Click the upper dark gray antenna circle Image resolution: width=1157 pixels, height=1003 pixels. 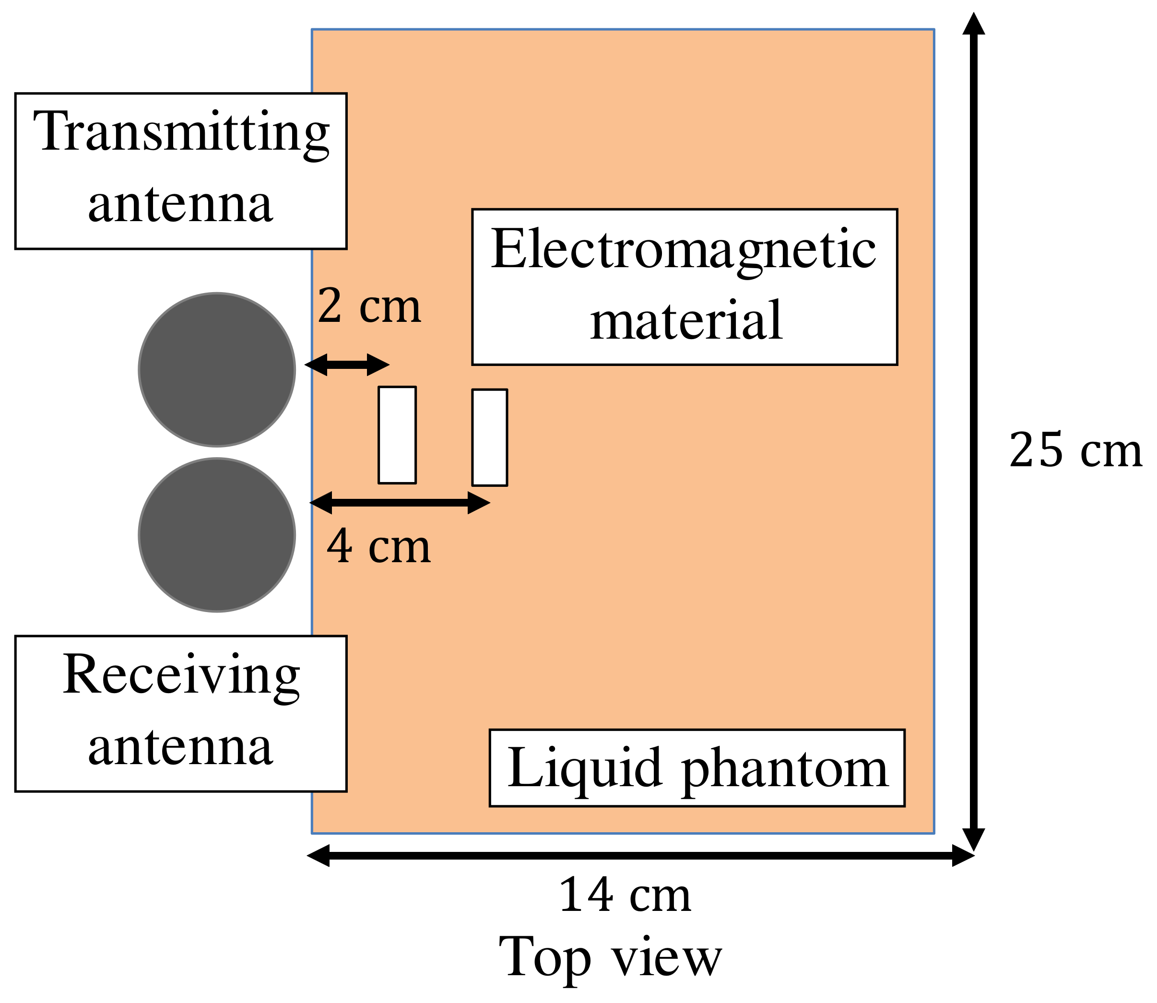(x=217, y=369)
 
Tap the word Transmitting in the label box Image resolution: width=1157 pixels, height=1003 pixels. (x=181, y=133)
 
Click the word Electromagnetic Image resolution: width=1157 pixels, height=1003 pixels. (x=684, y=250)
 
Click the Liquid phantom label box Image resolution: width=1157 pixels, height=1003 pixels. (x=697, y=768)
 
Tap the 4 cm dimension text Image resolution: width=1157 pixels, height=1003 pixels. (x=378, y=547)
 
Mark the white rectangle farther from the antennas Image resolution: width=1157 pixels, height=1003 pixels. (x=489, y=437)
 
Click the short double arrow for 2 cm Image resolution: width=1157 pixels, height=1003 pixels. (x=347, y=365)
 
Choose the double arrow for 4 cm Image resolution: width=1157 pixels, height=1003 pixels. (x=400, y=503)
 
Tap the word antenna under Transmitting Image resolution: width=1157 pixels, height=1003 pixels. (x=181, y=204)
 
